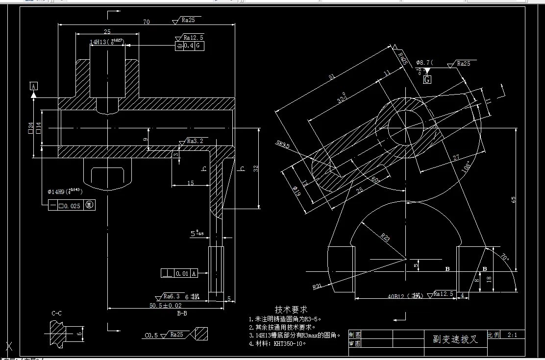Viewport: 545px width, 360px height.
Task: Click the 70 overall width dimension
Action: coord(146,22)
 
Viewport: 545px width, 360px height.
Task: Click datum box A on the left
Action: coord(33,86)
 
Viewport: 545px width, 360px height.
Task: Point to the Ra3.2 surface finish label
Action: coord(194,141)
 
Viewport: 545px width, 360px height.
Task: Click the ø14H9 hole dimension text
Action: coord(66,191)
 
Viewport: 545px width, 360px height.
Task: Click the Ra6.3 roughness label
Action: coord(171,296)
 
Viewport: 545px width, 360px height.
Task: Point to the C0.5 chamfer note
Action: coord(151,336)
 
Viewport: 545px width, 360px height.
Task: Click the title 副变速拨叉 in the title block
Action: coord(455,339)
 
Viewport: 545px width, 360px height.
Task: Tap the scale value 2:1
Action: coord(513,336)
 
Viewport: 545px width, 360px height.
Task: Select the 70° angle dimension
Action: coord(504,256)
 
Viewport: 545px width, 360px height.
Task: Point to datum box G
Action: coord(427,79)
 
